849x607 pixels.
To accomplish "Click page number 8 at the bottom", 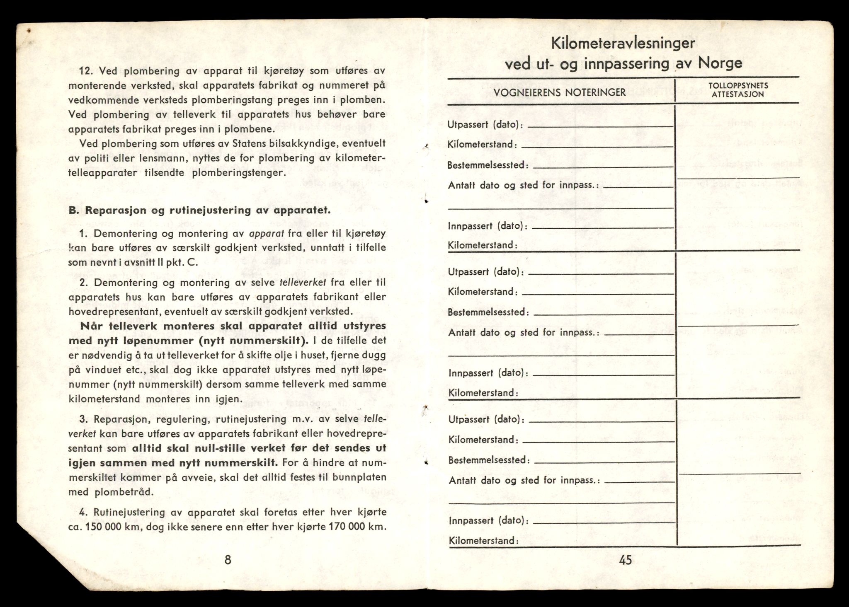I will pos(227,560).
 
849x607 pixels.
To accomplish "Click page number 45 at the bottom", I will pos(625,560).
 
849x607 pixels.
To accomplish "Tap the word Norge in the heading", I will pos(720,63).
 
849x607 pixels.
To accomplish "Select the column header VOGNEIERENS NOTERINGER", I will pos(560,92).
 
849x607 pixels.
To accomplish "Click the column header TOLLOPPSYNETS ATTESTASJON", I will pos(738,90).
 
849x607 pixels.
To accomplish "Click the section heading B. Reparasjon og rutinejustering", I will pos(199,210).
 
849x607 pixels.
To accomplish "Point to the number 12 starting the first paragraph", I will pos(85,71).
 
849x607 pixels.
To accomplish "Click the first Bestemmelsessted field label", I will pos(488,165).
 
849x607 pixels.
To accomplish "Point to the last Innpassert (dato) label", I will pos(488,520).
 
